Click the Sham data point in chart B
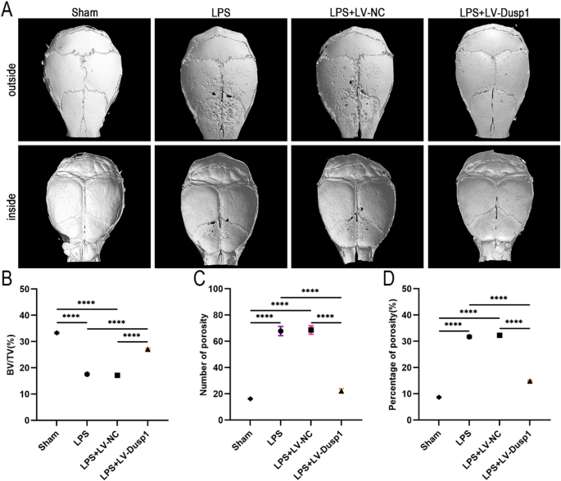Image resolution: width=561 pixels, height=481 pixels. (57, 333)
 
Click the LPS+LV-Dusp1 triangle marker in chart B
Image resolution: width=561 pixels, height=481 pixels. (147, 349)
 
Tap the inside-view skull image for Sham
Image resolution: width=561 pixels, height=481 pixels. (84, 205)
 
